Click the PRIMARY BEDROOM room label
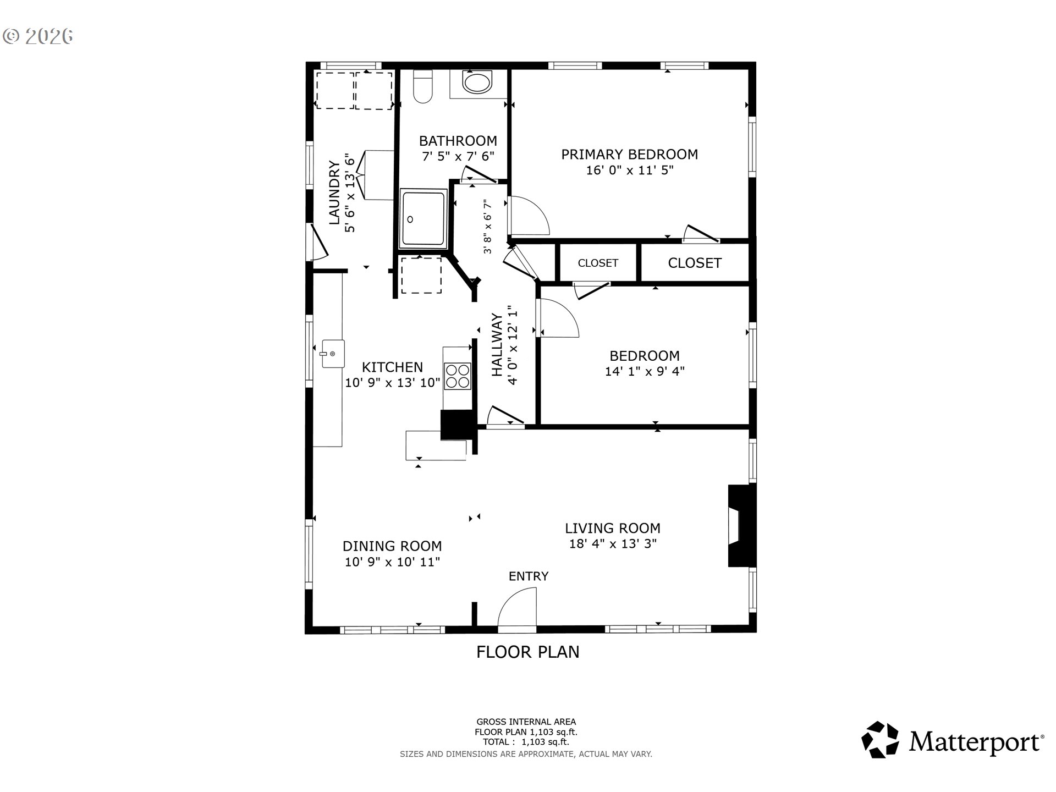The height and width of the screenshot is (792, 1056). (629, 155)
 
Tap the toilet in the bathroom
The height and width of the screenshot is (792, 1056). (423, 87)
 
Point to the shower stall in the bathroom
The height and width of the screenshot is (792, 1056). (423, 218)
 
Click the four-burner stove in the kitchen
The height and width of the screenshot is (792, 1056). (458, 376)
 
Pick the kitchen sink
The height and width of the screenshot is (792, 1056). (333, 354)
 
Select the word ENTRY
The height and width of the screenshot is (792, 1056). (529, 576)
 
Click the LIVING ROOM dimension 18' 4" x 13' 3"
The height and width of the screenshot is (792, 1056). (613, 544)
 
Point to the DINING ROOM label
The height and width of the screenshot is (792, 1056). (392, 546)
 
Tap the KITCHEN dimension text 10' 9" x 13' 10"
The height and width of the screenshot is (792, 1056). (393, 383)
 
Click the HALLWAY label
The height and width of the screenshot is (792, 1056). (497, 345)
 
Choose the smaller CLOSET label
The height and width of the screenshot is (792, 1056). (598, 263)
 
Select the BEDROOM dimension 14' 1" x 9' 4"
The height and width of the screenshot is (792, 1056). (645, 371)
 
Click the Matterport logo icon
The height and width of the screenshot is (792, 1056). (881, 740)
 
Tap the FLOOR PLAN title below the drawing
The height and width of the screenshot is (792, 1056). (528, 652)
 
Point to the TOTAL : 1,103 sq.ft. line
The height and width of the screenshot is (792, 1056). (526, 742)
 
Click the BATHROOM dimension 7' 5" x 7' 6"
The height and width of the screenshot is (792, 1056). (458, 157)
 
